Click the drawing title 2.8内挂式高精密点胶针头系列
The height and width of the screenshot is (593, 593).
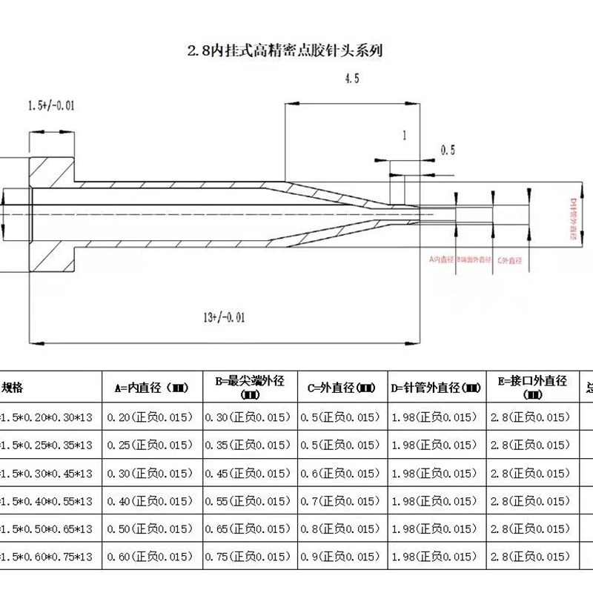(285, 51)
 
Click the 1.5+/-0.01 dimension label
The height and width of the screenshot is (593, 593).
(50, 107)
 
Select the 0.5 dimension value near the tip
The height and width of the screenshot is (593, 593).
(447, 150)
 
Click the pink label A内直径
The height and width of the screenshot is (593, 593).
(442, 259)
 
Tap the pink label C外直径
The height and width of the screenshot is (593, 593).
(511, 259)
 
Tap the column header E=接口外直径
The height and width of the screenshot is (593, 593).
(533, 386)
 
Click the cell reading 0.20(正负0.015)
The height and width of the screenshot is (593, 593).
(150, 417)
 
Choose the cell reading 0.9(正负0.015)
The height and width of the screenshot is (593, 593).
(342, 557)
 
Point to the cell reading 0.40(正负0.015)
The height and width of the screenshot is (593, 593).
(150, 502)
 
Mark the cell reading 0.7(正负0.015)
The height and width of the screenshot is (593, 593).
(342, 502)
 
